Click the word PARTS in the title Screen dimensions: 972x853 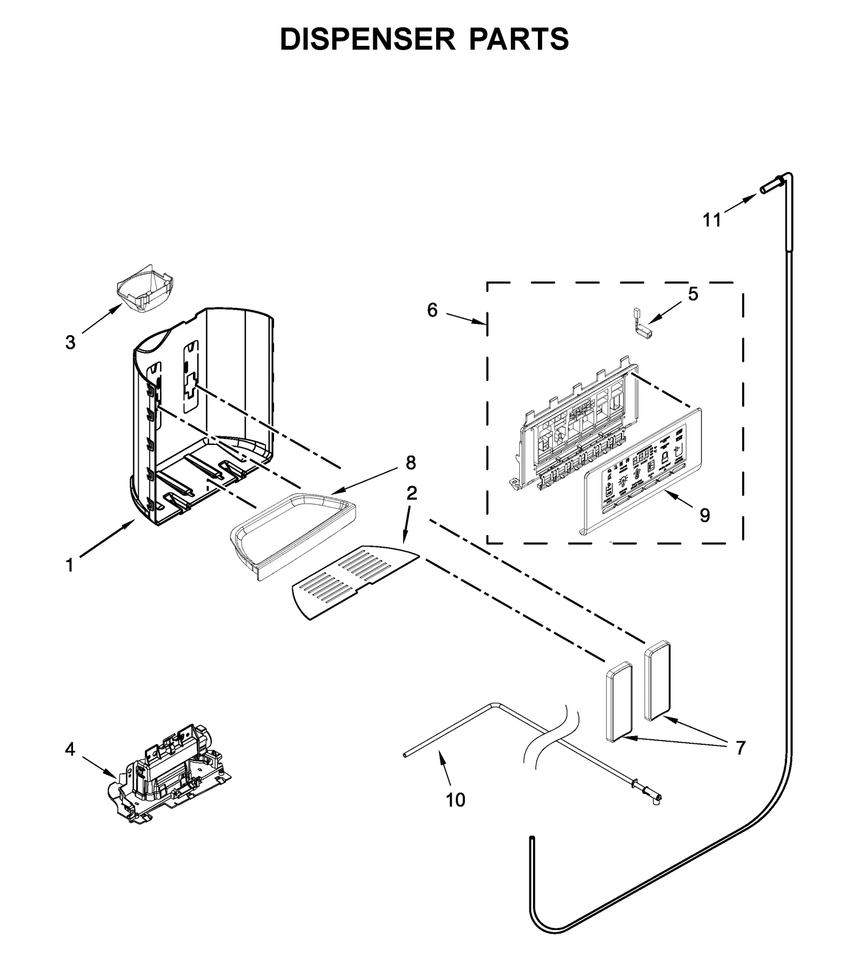pyautogui.click(x=519, y=39)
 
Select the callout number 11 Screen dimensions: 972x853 pyautogui.click(x=712, y=220)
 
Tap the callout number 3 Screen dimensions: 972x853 pyautogui.click(x=70, y=343)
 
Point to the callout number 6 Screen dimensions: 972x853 pyautogui.click(x=432, y=310)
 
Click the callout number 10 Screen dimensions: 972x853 pyautogui.click(x=455, y=799)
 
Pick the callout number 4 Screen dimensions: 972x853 pyautogui.click(x=70, y=749)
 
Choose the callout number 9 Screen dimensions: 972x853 pyautogui.click(x=705, y=515)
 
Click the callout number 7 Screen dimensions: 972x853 pyautogui.click(x=740, y=748)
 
